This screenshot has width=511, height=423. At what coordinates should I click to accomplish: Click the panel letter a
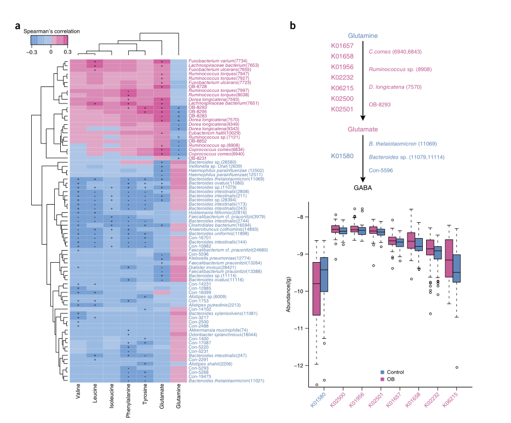[x=18, y=26]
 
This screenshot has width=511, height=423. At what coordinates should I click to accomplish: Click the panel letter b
[x=293, y=26]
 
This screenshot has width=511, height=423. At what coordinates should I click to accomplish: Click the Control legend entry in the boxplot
[x=403, y=372]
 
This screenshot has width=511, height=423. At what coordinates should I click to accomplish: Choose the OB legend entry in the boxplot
[x=398, y=378]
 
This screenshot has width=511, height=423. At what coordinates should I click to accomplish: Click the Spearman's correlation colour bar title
[x=51, y=31]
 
